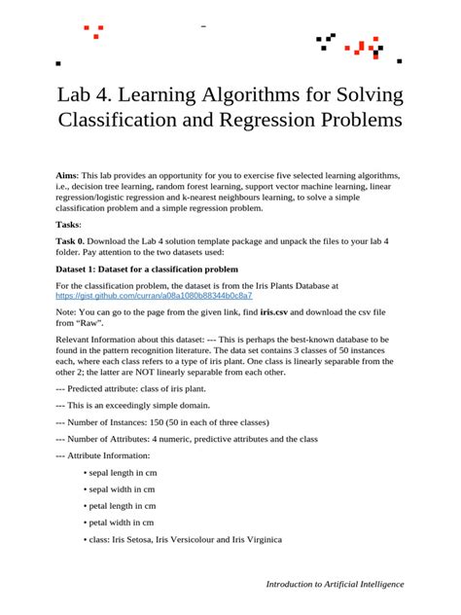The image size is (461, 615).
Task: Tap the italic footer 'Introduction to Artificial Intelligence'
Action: [x=335, y=584]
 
